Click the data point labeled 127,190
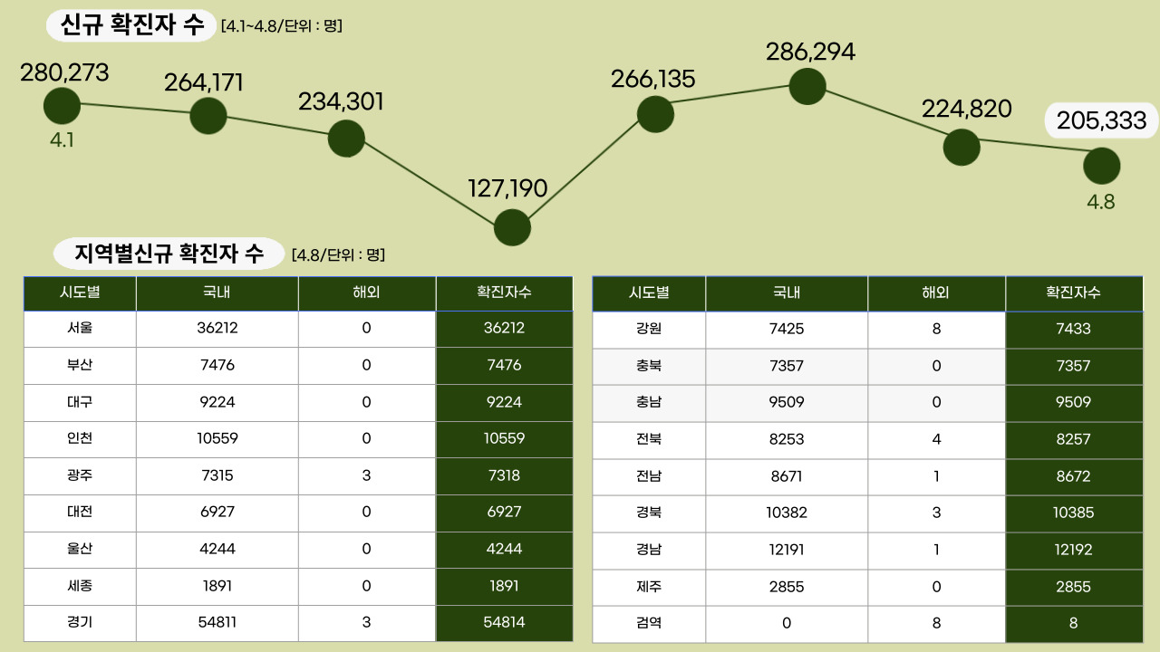(512, 227)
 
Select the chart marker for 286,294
(807, 86)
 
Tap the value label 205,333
(1102, 120)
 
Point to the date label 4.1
(62, 140)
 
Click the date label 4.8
(1101, 201)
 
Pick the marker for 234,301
(346, 139)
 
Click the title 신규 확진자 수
(132, 25)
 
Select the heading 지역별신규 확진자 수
(169, 254)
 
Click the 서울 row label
(80, 328)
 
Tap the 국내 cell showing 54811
(217, 622)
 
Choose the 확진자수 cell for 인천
(504, 438)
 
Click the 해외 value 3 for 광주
(366, 475)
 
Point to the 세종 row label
(80, 585)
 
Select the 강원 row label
(649, 329)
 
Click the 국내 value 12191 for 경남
(786, 550)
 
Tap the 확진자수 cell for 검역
(1073, 623)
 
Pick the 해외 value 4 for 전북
(936, 439)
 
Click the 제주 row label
(649, 586)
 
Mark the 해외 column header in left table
(366, 292)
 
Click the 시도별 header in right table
(649, 292)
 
